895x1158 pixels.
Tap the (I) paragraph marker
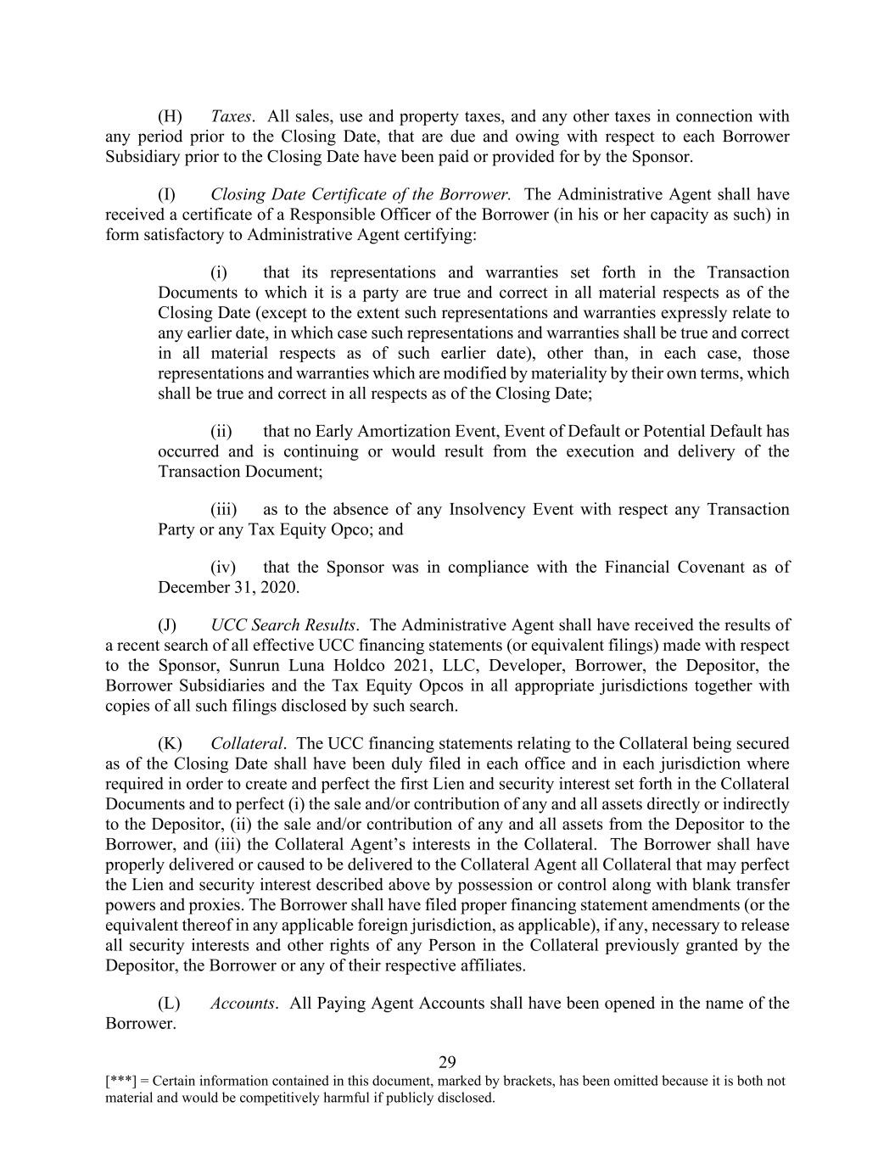pyautogui.click(x=168, y=194)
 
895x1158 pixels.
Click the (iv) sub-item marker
pyautogui.click(x=222, y=568)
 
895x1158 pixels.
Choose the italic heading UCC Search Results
pyautogui.click(x=282, y=625)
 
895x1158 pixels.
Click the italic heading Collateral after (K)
pyautogui.click(x=245, y=744)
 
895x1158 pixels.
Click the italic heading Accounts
pyautogui.click(x=242, y=1004)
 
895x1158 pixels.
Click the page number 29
pyautogui.click(x=447, y=1062)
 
